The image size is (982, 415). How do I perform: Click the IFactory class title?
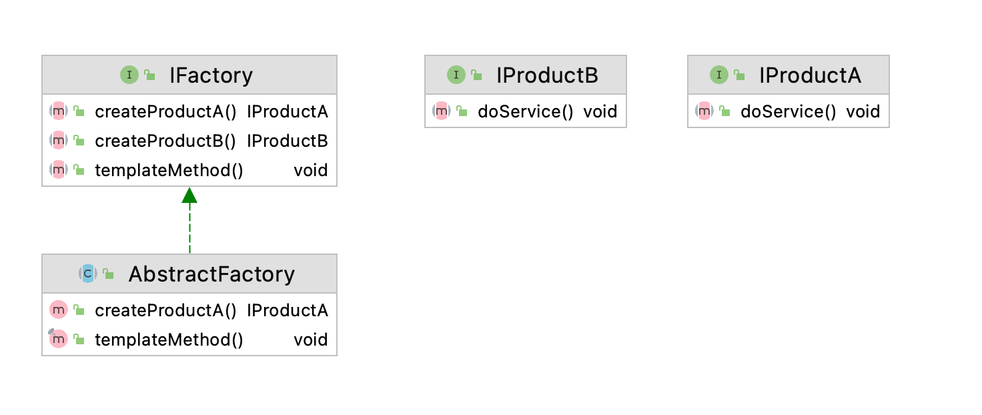click(211, 75)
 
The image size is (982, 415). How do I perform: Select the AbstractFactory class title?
click(211, 274)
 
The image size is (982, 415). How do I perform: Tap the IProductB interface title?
click(547, 75)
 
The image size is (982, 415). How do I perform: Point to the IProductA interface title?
click(810, 75)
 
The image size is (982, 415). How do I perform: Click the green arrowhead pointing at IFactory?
click(189, 195)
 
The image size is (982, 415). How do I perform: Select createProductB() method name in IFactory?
click(165, 141)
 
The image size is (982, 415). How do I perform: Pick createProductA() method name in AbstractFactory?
click(165, 311)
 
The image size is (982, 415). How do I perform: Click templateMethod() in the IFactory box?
click(169, 170)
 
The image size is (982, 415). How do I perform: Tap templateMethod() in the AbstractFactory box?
click(169, 340)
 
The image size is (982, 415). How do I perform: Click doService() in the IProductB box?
click(525, 111)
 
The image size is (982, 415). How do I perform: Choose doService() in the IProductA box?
click(789, 111)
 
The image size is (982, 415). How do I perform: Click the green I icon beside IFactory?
click(129, 75)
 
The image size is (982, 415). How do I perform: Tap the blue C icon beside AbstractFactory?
click(87, 274)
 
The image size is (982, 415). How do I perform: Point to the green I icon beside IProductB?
click(456, 75)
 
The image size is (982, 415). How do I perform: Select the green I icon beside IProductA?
click(719, 75)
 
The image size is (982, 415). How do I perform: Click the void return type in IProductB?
click(600, 111)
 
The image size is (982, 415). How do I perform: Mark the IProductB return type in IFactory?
click(287, 141)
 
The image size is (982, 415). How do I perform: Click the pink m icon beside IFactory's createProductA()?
click(58, 111)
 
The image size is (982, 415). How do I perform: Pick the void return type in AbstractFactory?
click(311, 340)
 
